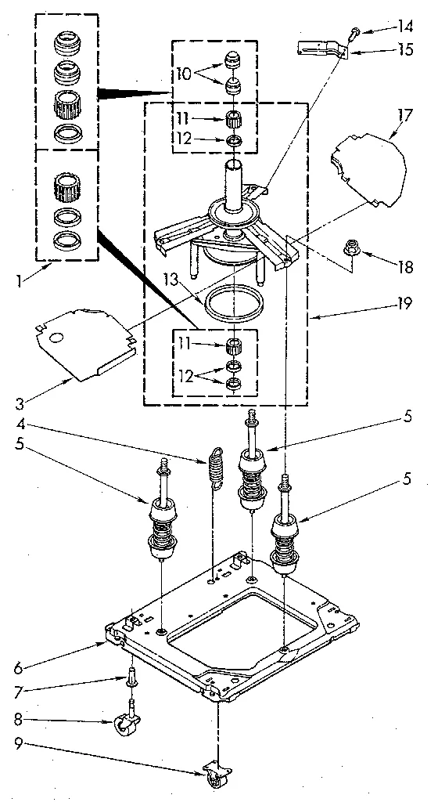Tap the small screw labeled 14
click(354, 32)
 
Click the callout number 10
click(183, 74)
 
